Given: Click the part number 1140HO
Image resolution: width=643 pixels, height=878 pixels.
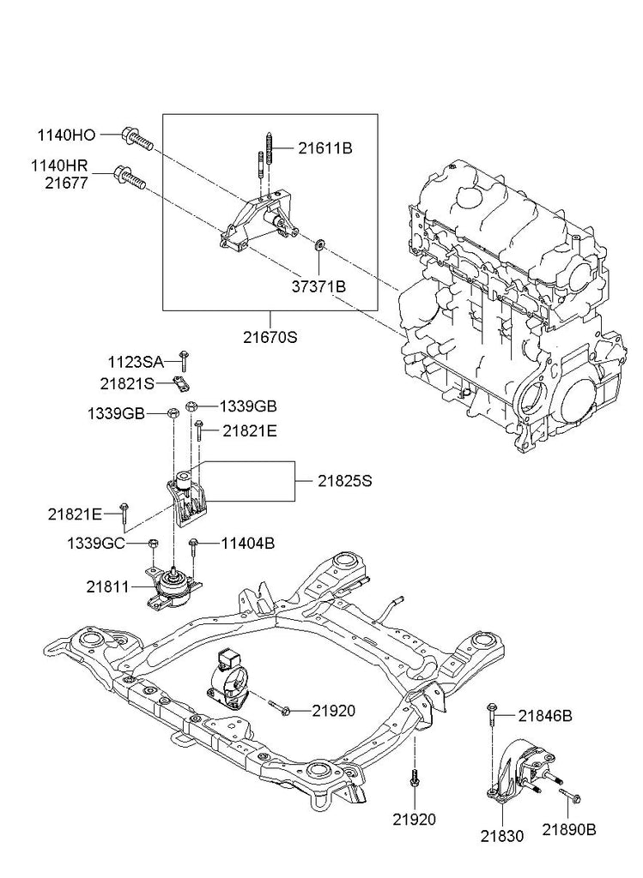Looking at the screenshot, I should (x=66, y=135).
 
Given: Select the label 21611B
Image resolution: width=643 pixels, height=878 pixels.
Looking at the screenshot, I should (x=325, y=148).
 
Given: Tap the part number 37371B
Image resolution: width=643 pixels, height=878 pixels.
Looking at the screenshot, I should (x=317, y=286).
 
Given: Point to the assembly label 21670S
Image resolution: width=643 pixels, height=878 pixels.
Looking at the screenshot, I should (x=269, y=337).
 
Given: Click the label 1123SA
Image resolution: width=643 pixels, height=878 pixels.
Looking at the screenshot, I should (x=135, y=363).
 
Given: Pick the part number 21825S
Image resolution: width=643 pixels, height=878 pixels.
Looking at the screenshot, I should (x=343, y=482).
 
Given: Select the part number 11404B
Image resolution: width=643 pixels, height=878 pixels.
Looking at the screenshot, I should (x=248, y=543).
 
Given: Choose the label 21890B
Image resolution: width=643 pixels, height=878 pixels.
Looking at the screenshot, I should (x=568, y=829).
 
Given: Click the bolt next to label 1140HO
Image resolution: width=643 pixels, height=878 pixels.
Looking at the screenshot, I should (x=136, y=138).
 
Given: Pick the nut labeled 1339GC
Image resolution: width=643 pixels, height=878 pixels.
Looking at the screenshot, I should (x=153, y=544).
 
